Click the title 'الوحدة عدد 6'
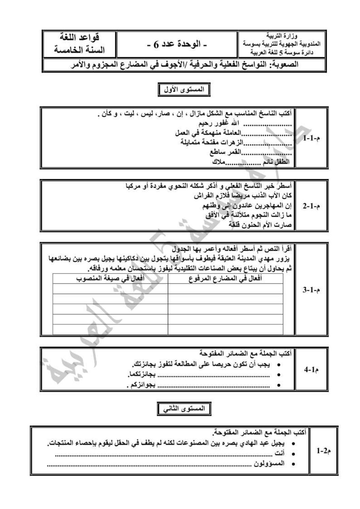[177, 45]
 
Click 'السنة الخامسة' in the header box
[79, 50]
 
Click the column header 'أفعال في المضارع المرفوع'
[225, 278]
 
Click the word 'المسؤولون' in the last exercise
[269, 463]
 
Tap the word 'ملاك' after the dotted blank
[218, 162]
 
